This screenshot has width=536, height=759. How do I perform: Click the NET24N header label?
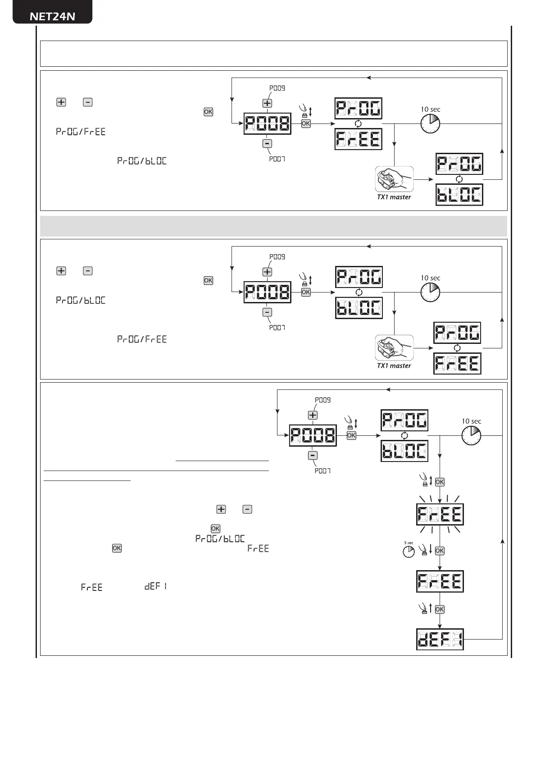[52, 16]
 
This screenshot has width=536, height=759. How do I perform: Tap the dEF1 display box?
[440, 639]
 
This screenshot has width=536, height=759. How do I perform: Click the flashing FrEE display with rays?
[440, 514]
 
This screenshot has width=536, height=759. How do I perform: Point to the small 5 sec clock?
[409, 551]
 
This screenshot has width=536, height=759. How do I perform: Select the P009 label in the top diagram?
[277, 88]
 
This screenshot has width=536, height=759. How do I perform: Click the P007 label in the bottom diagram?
[323, 471]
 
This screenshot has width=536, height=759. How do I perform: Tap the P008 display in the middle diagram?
[267, 292]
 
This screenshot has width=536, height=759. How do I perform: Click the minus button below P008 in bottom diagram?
[313, 455]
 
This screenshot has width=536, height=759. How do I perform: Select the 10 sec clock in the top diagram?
[430, 123]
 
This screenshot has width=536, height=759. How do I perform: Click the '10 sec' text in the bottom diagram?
[471, 421]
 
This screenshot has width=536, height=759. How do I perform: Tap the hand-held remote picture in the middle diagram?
[394, 347]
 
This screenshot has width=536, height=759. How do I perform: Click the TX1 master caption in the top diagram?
[394, 197]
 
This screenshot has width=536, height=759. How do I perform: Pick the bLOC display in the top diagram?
[459, 195]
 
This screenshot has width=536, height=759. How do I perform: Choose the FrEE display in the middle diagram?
[457, 363]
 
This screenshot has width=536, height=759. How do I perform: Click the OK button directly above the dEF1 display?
[440, 609]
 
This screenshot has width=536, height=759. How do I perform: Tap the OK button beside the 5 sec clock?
[440, 551]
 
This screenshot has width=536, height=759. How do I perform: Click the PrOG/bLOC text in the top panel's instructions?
[142, 161]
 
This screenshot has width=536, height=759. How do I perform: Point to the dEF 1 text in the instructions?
[156, 586]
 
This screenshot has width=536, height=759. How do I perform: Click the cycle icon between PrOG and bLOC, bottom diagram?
[404, 435]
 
